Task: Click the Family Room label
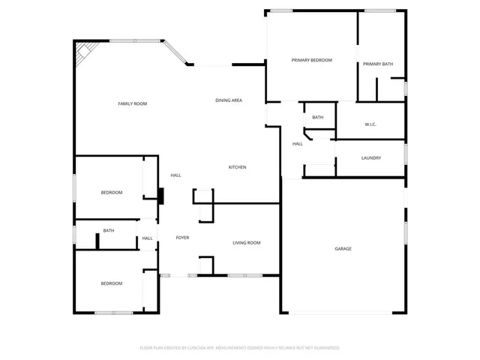132,103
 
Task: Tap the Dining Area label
229,100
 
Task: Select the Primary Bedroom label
311,60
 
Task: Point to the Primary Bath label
378,64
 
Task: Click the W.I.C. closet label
370,124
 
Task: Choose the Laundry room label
371,157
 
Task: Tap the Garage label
343,248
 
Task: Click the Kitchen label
237,167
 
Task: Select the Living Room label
246,242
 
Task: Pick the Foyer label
182,238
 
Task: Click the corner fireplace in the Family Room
83,52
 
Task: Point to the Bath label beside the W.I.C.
318,117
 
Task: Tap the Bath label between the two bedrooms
109,230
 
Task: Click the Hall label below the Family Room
175,175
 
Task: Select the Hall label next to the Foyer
148,238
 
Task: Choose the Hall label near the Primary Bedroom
297,143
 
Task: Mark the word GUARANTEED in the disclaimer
323,348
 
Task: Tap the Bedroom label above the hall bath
112,193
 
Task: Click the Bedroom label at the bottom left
112,283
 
